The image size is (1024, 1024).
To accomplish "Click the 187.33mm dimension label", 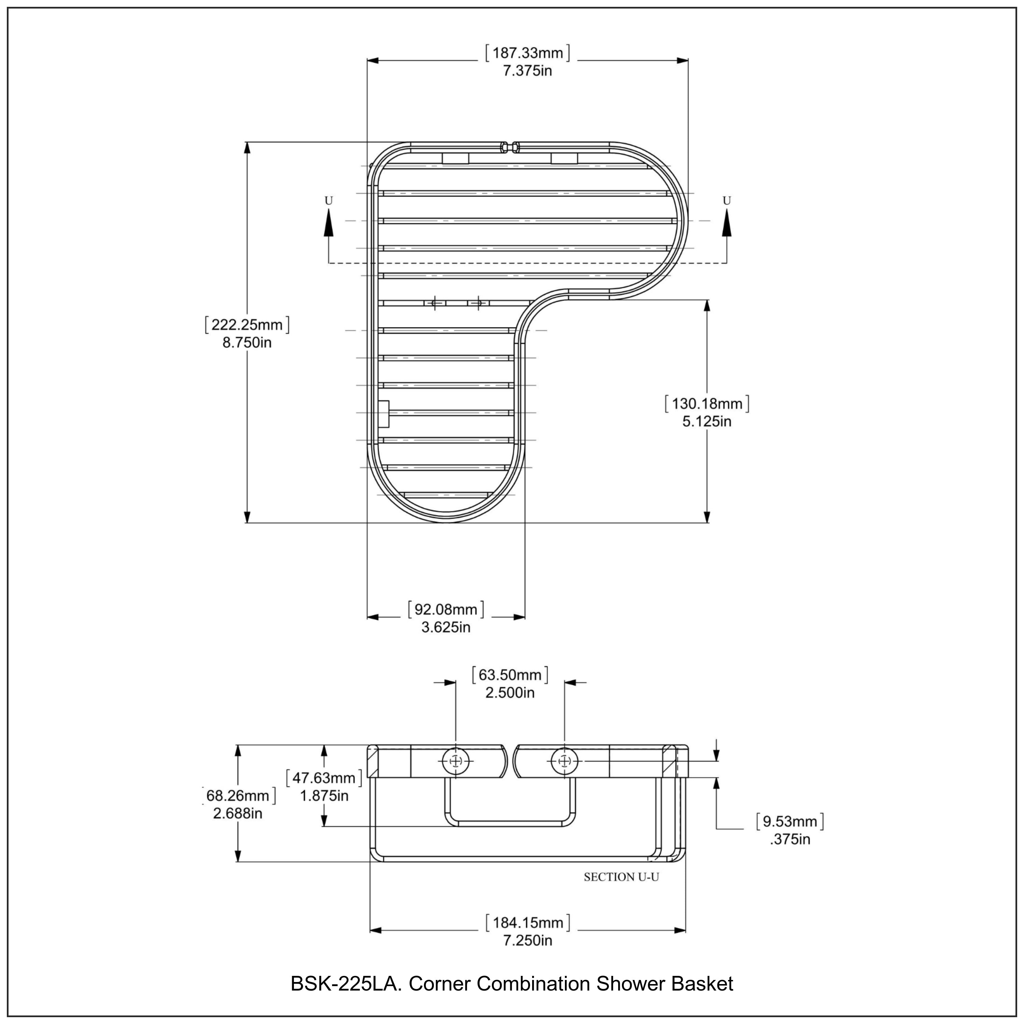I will click(527, 53).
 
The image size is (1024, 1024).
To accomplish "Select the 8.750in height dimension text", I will click(247, 342).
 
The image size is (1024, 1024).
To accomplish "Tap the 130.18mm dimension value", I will click(707, 404).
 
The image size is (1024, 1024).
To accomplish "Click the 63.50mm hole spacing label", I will click(510, 675).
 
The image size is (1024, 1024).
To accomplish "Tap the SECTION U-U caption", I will click(621, 877).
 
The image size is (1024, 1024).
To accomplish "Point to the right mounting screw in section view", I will click(565, 762).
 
